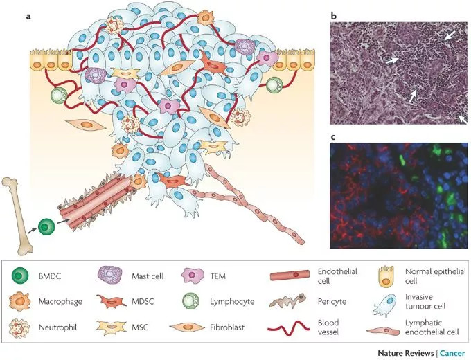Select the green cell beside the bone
[x=46, y=226]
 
